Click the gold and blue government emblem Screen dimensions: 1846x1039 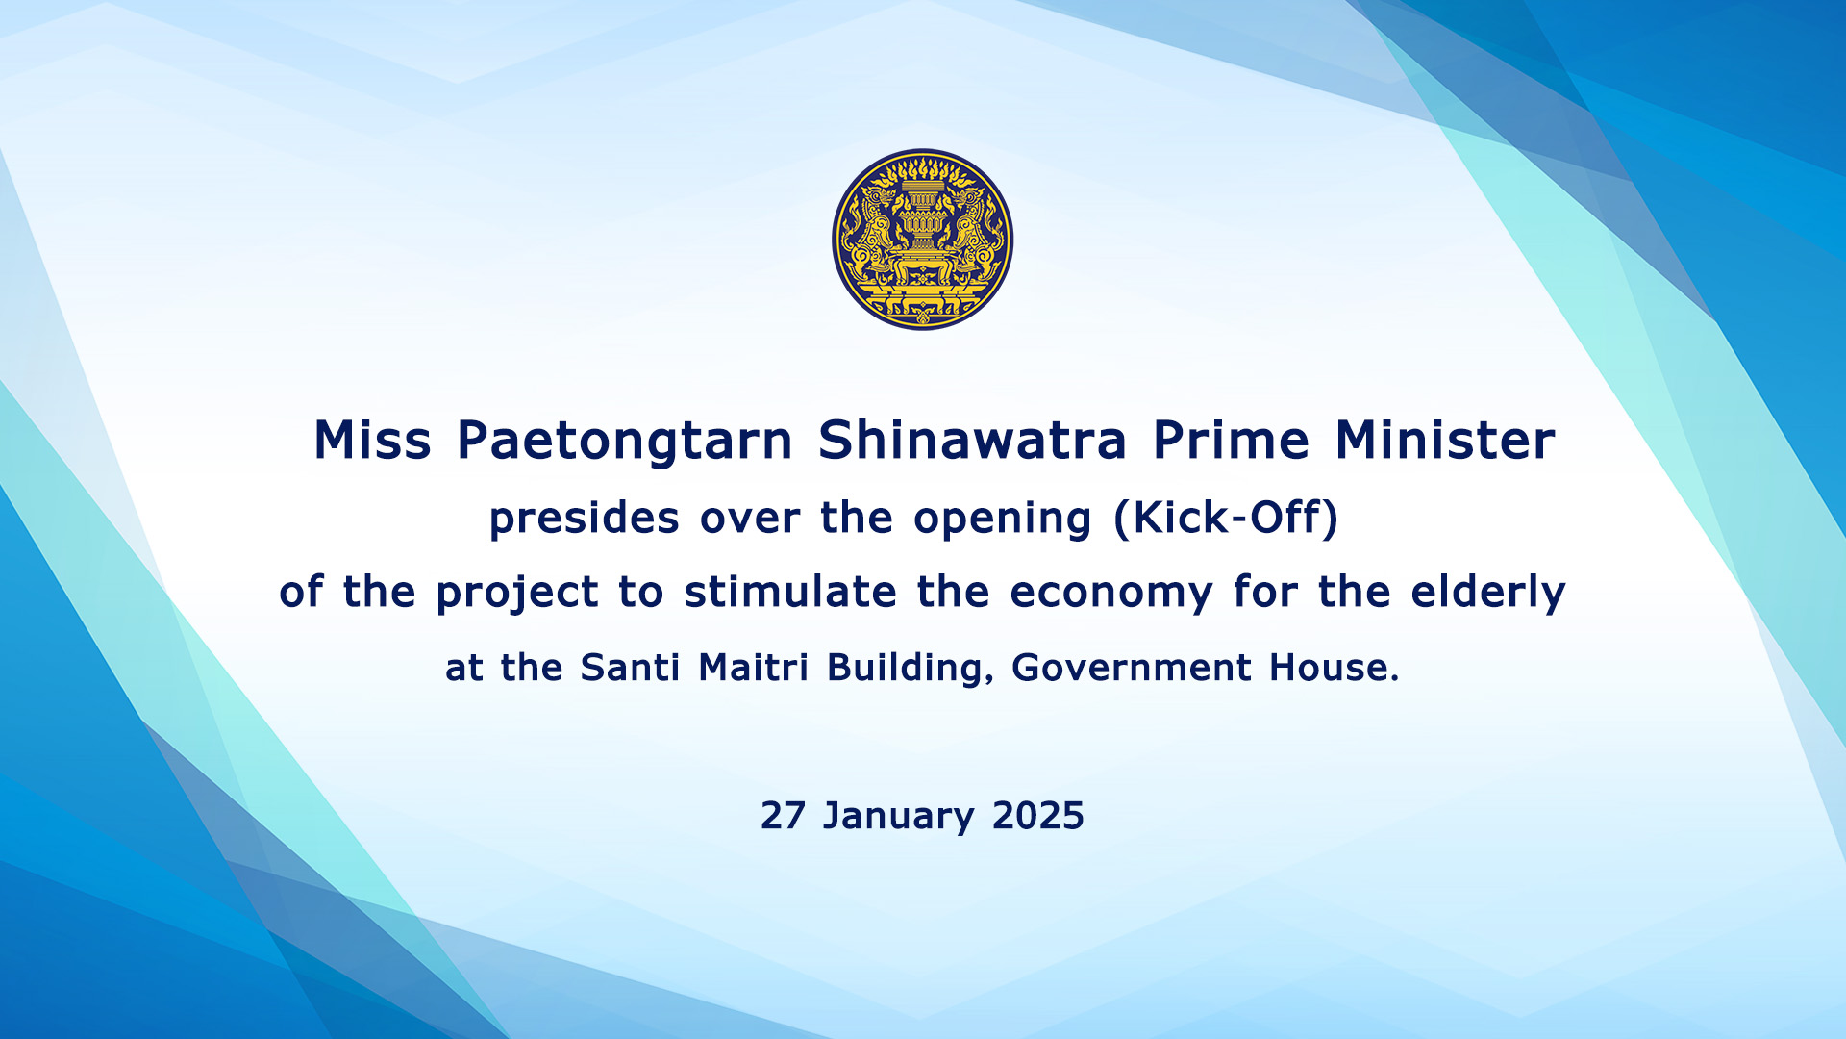pos(922,240)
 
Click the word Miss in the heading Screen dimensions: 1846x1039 pos(373,441)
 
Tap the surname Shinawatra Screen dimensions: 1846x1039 pos(972,441)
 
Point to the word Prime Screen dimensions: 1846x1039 pos(1231,441)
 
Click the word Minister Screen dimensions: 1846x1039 pos(1444,441)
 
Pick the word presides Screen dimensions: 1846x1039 pos(585,519)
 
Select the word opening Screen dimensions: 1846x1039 pos(1003,519)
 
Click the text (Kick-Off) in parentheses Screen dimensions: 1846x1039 pos(1226,518)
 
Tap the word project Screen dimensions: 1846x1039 pos(517,593)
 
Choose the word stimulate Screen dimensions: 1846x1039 pos(790,591)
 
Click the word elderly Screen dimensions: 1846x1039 pos(1488,593)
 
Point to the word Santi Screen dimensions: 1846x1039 pos(630,667)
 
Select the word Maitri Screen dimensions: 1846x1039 pos(754,667)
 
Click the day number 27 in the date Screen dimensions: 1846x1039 pos(783,816)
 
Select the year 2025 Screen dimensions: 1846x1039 pos(1038,816)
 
